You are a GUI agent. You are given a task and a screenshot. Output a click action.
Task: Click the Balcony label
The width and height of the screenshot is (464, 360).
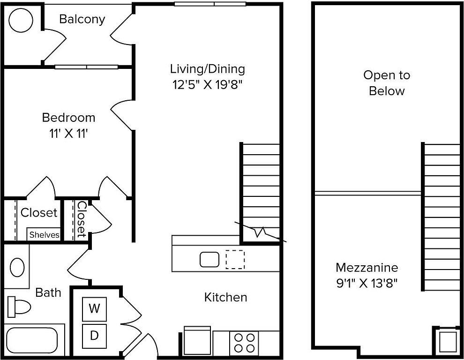(82, 19)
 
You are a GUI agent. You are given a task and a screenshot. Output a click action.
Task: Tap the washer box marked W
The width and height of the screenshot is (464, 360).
(94, 309)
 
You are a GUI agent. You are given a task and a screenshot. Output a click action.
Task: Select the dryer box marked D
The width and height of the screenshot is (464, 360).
(94, 336)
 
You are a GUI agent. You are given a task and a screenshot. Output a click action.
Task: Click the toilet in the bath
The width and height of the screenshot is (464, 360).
(19, 305)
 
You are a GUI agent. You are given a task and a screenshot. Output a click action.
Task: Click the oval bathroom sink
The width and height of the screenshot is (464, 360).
(17, 267)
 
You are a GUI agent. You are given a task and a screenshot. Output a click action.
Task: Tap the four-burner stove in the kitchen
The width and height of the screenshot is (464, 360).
(244, 343)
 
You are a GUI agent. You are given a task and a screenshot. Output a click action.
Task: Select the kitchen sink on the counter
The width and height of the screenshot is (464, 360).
(210, 259)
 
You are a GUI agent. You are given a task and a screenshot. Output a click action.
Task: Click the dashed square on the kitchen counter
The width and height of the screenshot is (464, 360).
(235, 259)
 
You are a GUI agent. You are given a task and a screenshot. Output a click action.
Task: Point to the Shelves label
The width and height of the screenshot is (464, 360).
(45, 235)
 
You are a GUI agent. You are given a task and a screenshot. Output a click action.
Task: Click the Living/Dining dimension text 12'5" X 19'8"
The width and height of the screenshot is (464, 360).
(208, 85)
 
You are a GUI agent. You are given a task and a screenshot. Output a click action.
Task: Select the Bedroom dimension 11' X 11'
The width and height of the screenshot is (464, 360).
(68, 134)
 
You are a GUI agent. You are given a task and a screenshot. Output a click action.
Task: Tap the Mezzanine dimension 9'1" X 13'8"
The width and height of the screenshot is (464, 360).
(367, 283)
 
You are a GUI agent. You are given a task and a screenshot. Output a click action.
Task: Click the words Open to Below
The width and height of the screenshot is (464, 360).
(387, 83)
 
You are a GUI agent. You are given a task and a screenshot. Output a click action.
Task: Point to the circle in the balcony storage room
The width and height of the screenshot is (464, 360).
(21, 20)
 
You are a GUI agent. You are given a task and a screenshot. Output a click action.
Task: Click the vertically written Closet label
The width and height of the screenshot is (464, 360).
(82, 219)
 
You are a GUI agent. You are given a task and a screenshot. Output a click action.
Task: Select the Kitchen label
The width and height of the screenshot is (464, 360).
(225, 297)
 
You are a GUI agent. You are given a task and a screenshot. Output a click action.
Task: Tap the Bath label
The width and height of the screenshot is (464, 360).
(48, 292)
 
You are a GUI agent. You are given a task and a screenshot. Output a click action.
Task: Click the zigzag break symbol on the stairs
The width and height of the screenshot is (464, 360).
(261, 232)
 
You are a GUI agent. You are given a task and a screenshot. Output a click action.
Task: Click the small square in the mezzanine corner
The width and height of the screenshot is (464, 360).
(448, 342)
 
